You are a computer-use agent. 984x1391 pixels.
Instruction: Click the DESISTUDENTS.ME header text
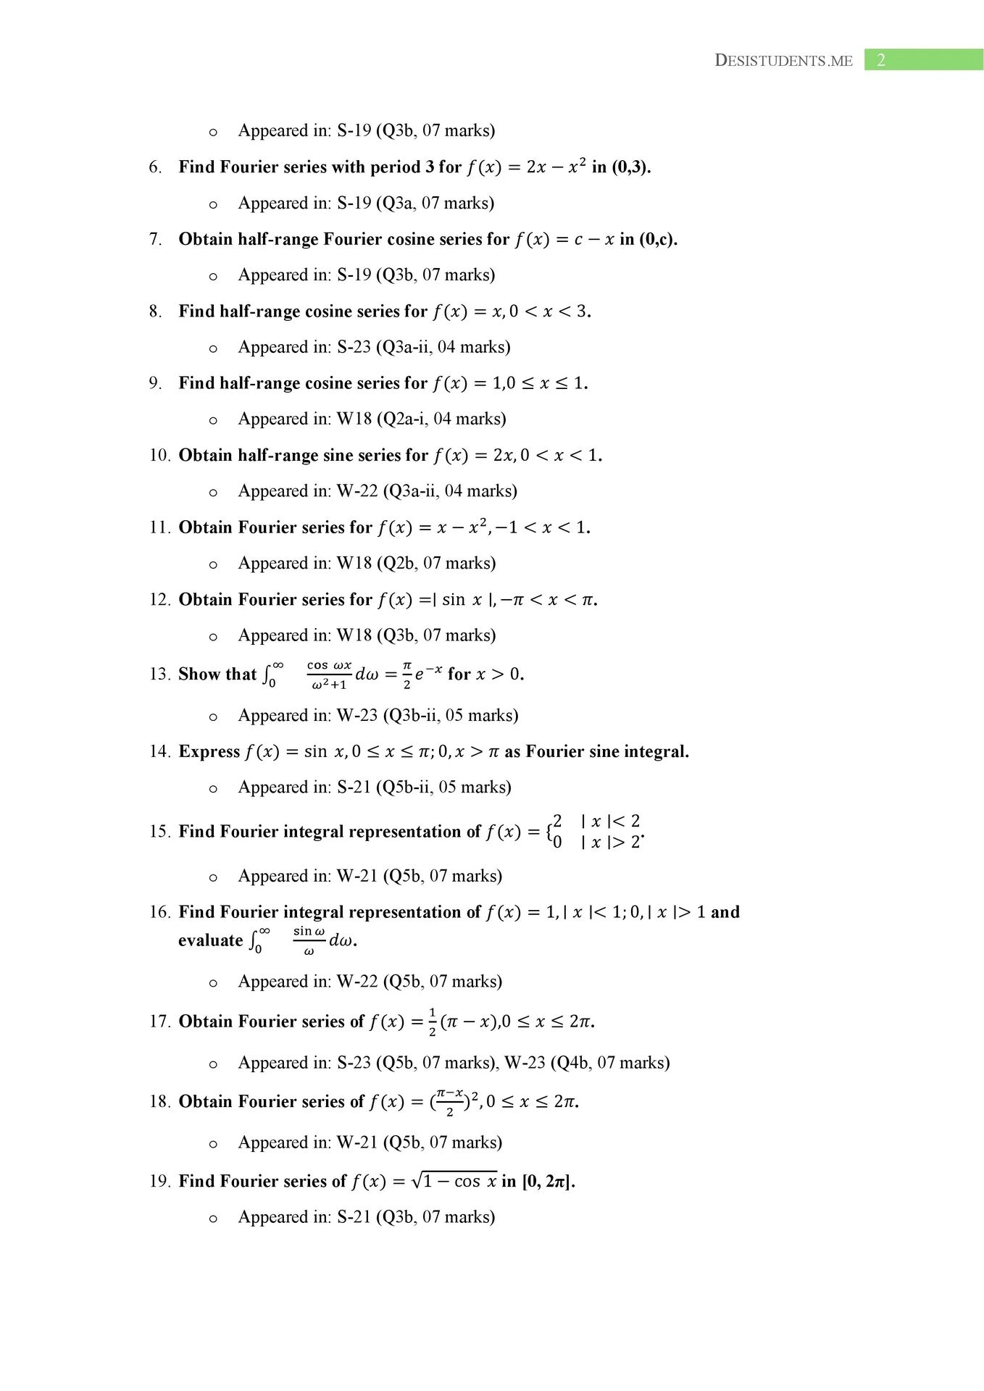coord(783,60)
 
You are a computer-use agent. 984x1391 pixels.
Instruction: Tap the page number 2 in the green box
coord(881,60)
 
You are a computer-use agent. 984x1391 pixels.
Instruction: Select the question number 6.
coord(155,167)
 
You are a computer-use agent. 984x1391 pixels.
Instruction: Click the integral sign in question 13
coord(268,674)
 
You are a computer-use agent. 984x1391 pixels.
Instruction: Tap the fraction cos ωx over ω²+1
coord(329,674)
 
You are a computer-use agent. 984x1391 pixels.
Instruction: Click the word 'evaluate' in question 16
coord(210,941)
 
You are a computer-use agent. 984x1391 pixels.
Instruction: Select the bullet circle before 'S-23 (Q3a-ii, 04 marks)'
coord(213,348)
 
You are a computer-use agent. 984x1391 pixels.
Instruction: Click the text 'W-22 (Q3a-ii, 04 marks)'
coord(427,491)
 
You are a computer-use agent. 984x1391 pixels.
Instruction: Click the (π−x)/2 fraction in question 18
coord(450,1102)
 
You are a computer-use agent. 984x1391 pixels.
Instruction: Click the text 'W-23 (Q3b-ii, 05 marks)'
coord(428,716)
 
